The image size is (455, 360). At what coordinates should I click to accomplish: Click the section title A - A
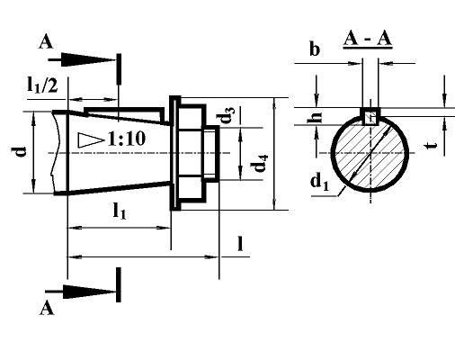point(368,40)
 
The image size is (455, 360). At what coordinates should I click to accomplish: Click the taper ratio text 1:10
point(127,139)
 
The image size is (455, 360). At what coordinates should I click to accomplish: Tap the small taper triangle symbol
point(91,140)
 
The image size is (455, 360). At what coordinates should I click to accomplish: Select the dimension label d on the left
point(21,152)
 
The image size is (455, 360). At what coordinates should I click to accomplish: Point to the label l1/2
point(42,85)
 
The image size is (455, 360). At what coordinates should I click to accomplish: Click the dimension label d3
point(227,115)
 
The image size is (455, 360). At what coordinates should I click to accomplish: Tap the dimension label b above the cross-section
point(315,49)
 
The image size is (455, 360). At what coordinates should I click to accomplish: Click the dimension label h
point(316,117)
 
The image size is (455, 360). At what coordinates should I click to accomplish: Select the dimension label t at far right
point(432,146)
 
